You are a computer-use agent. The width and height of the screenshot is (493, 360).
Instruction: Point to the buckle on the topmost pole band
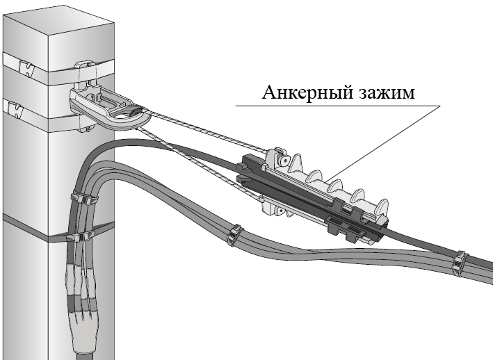point(25,69)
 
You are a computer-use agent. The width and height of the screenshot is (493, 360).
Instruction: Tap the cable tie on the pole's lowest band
point(78,238)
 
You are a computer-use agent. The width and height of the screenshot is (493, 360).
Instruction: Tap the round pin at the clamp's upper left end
point(284,160)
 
